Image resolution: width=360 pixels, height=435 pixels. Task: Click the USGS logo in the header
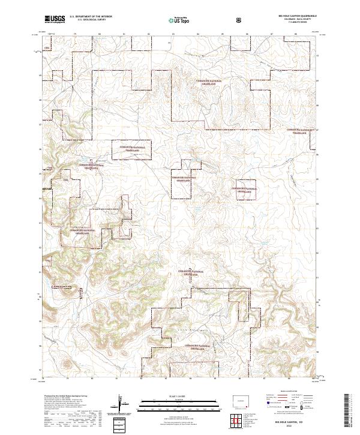coord(55,20)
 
